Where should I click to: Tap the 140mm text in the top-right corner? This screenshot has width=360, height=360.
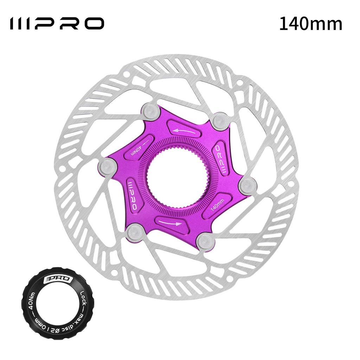coord(311,24)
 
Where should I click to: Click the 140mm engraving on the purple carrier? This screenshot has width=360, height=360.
coord(217,203)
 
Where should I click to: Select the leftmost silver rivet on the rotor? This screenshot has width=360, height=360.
coord(107,166)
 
